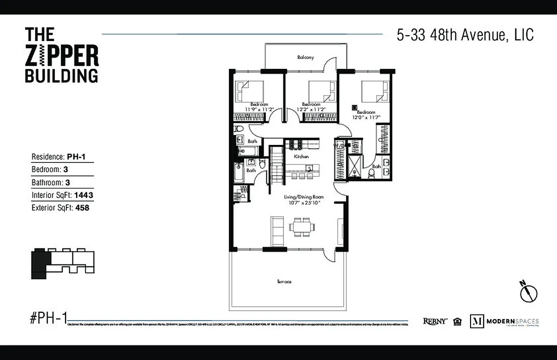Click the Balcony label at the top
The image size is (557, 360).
coord(305,57)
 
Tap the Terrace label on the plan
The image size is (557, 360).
coord(284,282)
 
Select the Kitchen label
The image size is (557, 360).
coord(301,157)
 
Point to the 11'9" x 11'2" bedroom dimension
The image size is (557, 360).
coord(260,109)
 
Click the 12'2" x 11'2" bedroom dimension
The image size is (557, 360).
coord(311,109)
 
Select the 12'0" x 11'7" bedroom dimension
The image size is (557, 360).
coord(366,117)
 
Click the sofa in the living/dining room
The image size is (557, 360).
coord(277,231)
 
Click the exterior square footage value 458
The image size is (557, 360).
coord(82,208)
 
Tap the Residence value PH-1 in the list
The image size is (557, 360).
coord(76,157)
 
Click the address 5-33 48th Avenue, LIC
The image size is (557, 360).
coord(465,35)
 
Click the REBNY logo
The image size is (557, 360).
coord(435,321)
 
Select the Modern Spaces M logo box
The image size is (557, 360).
coord(477,321)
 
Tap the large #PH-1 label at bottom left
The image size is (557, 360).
coord(47,318)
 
